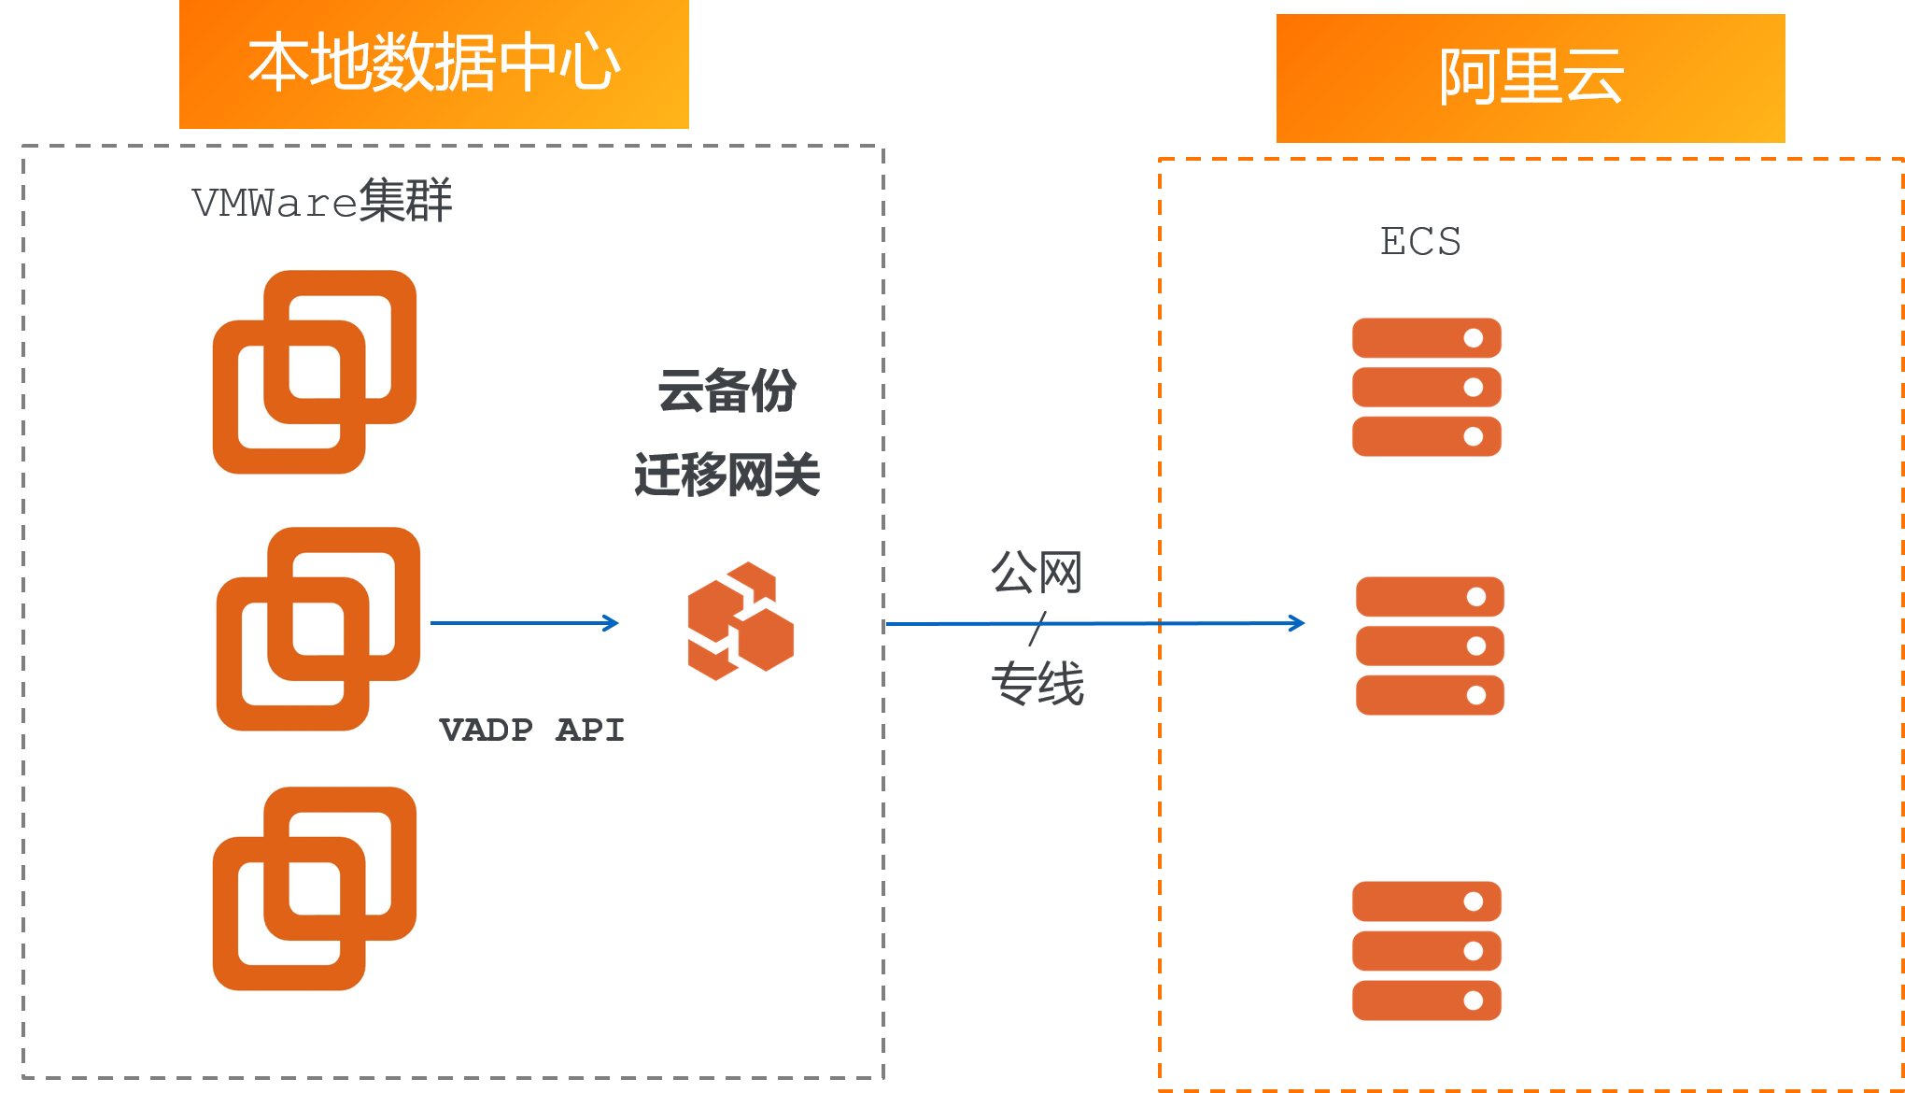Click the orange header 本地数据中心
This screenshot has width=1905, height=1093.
[x=434, y=64]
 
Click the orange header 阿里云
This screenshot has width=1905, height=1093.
[x=1531, y=78]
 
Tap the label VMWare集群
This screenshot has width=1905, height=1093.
[x=322, y=201]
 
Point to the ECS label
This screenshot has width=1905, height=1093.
[x=1420, y=241]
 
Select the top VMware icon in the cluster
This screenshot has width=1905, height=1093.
[x=315, y=372]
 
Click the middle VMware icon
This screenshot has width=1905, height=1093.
[x=317, y=629]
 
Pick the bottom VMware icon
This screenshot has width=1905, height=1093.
[x=315, y=887]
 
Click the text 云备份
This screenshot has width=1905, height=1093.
[x=727, y=390]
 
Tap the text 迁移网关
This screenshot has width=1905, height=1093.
[x=727, y=475]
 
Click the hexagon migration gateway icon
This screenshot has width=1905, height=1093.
[x=741, y=621]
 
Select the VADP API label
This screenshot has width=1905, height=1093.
[x=531, y=730]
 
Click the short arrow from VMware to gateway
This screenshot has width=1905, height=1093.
[x=523, y=623]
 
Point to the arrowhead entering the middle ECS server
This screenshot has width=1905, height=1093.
[x=1297, y=623]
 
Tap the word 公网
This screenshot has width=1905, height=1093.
[x=1037, y=572]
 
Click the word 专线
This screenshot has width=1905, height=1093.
[x=1037, y=683]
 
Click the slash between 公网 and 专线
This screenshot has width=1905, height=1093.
[x=1037, y=629]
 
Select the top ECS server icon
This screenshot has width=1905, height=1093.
[x=1426, y=387]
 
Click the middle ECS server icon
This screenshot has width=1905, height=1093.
[x=1430, y=646]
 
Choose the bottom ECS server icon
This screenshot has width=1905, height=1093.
[x=1426, y=950]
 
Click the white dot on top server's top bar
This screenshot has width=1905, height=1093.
[x=1473, y=338]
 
